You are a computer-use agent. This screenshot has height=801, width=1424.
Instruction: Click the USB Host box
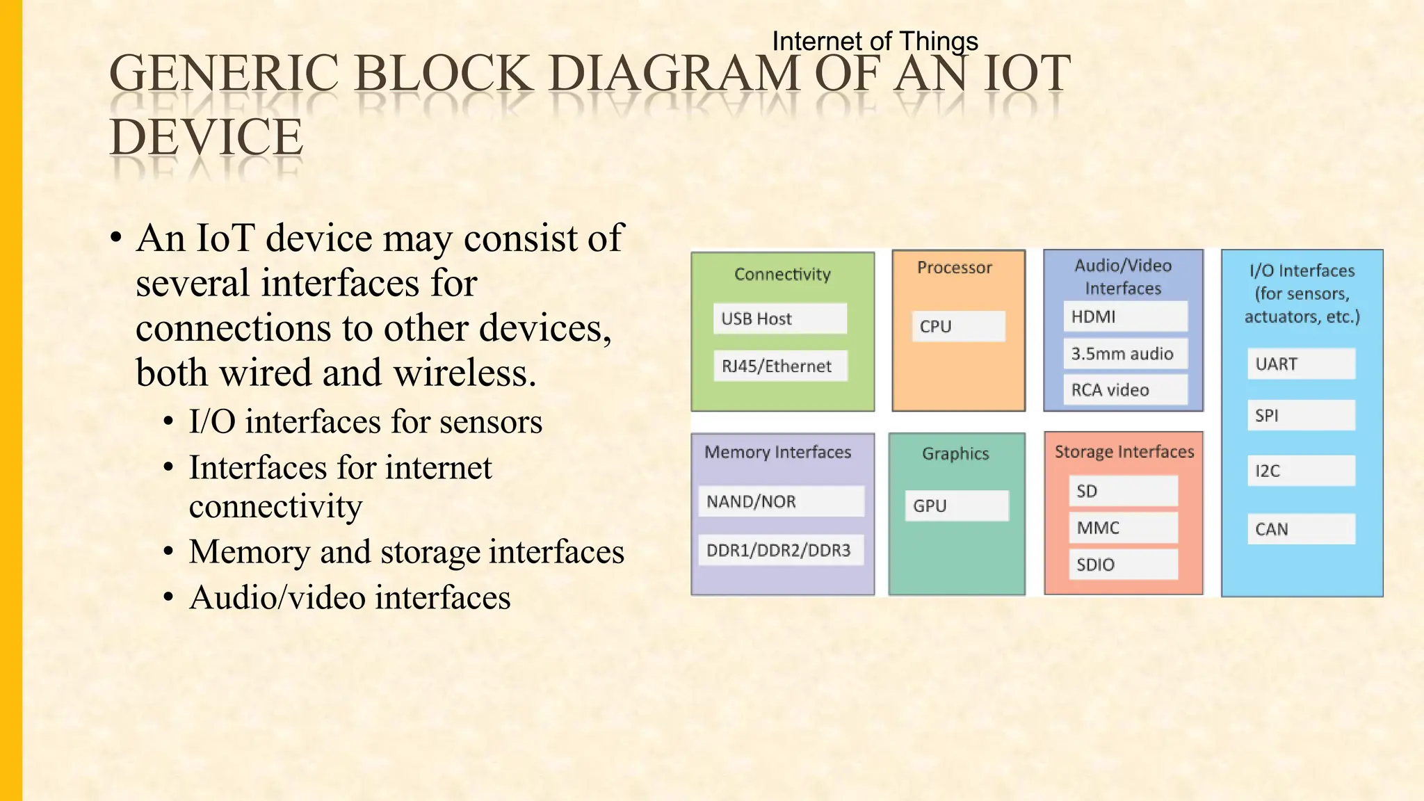coord(779,318)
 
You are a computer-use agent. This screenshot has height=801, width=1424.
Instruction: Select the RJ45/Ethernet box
coord(780,366)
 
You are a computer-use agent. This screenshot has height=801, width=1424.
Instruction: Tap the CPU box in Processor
coord(958,326)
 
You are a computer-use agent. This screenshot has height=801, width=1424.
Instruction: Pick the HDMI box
coord(1125,316)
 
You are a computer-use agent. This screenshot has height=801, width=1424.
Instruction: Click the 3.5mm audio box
coord(1125,353)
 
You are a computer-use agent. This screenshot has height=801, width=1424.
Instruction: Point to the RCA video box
coord(1125,389)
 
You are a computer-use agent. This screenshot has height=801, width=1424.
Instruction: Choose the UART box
coord(1301,364)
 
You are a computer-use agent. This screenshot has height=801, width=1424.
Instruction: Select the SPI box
coord(1301,415)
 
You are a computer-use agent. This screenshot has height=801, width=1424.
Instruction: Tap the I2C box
coord(1301,471)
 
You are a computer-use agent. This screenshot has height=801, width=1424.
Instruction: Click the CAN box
coord(1301,529)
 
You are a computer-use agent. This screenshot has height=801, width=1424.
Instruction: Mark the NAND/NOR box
coord(781,501)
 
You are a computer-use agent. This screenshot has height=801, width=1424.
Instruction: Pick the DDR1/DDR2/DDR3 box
coord(781,550)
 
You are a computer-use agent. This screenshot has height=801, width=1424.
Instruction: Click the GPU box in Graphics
coord(957,505)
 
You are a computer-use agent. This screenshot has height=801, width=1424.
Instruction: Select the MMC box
coord(1123,528)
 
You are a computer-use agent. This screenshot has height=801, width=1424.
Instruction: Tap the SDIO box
coord(1123,564)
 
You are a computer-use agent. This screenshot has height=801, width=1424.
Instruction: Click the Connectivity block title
coord(782,274)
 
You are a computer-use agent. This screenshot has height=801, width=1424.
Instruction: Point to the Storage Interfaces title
coord(1124,452)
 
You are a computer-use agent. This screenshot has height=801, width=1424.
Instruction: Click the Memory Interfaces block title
coord(777,452)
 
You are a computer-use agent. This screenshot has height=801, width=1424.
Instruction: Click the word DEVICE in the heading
coord(207,136)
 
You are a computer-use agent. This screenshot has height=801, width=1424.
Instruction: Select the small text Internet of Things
coord(875,41)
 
